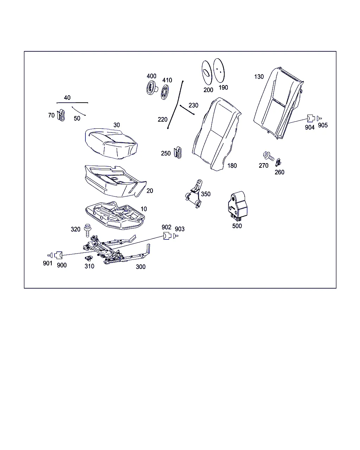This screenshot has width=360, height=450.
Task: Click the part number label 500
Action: point(237,226)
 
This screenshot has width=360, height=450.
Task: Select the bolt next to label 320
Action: point(88,230)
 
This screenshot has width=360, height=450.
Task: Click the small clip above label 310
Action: point(89,258)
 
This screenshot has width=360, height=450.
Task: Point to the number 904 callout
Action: point(310,127)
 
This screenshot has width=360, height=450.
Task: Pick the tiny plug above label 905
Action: point(319,118)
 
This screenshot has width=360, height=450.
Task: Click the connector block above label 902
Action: point(167,236)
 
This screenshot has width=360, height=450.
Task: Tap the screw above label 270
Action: point(269,156)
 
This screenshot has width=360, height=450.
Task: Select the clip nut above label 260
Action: point(278,162)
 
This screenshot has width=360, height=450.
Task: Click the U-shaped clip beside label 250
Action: point(178,153)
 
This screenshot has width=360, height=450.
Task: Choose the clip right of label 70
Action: point(61,115)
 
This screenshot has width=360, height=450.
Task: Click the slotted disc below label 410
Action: point(165,92)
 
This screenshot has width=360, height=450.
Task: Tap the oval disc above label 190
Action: point(219,70)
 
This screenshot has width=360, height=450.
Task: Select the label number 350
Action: point(206,194)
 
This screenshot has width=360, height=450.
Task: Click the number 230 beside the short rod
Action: point(193,105)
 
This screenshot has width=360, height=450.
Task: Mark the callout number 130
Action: point(259,77)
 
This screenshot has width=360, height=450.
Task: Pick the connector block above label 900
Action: point(58,255)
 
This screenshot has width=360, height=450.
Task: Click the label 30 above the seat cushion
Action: point(116,125)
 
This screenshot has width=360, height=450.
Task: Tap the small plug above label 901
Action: point(50,255)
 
